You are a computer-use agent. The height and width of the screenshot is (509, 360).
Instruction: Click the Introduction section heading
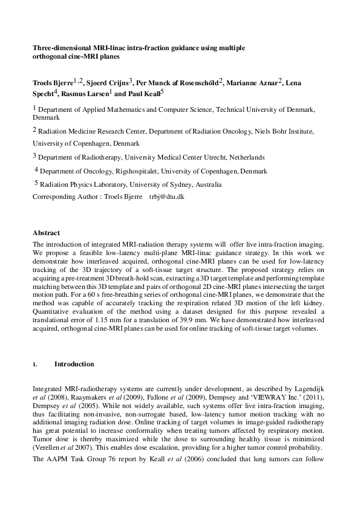pos(74,365)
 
